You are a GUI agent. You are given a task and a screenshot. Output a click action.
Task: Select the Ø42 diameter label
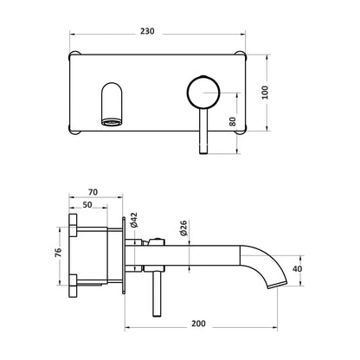(x=134, y=222)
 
